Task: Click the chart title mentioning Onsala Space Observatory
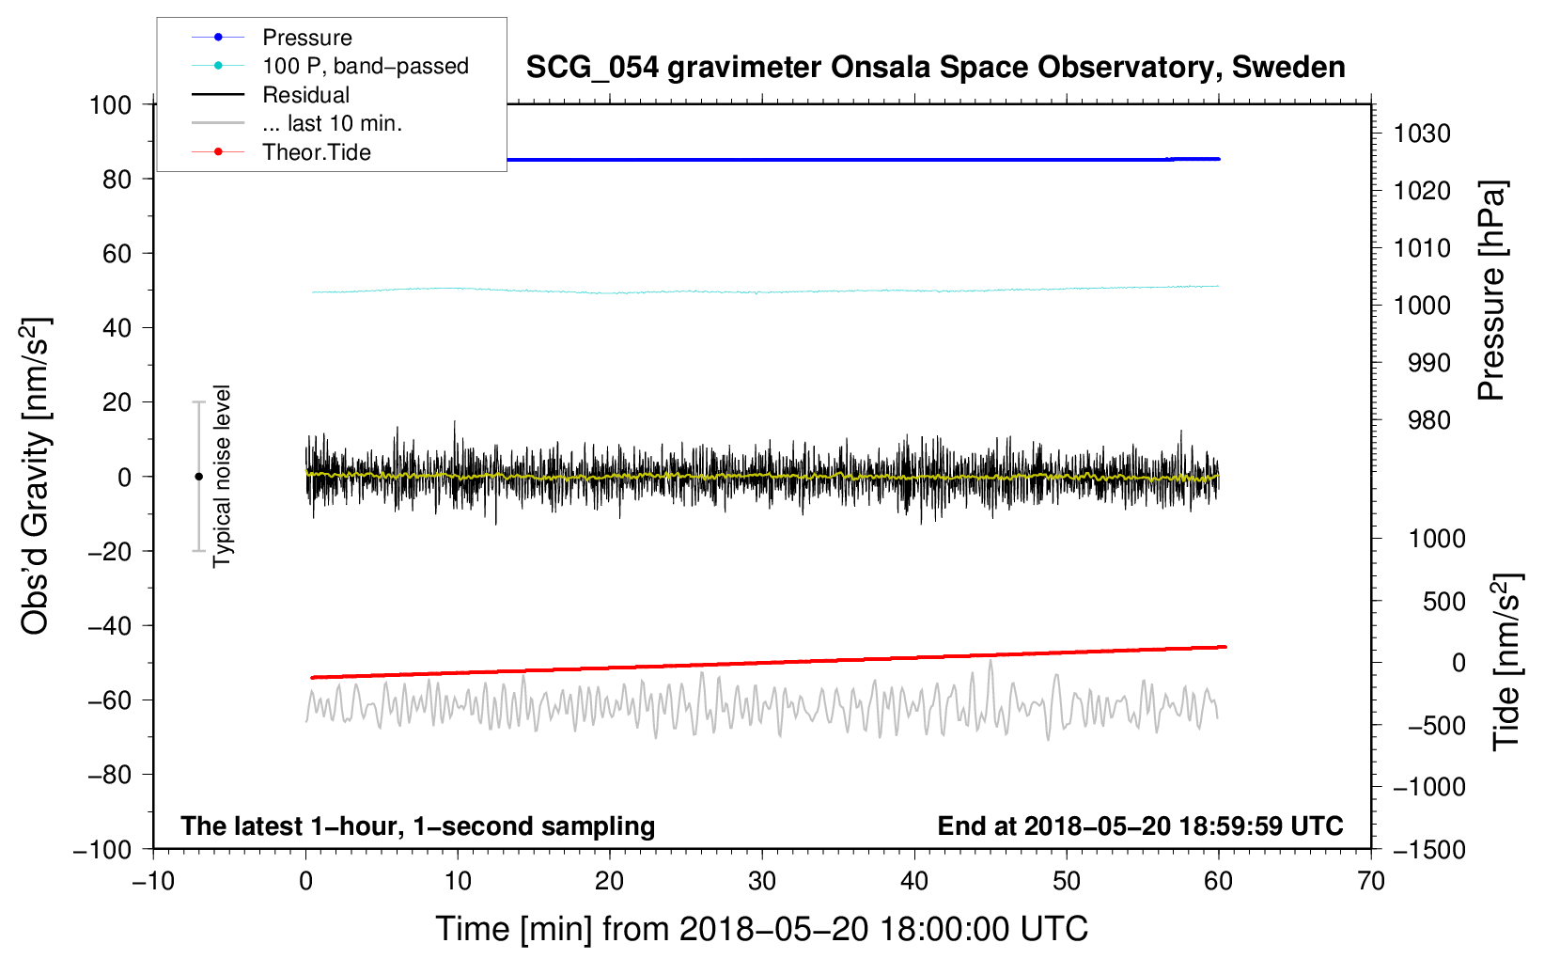click(x=935, y=68)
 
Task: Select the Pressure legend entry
click(x=306, y=38)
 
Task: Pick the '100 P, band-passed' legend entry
click(x=365, y=66)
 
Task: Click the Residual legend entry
click(x=305, y=95)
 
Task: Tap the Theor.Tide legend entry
click(x=316, y=152)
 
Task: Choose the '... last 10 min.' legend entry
click(x=332, y=123)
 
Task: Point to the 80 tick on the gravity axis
click(x=117, y=179)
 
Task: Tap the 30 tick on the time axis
click(x=761, y=882)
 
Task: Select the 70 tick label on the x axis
click(x=1370, y=882)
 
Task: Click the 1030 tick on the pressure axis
click(x=1422, y=134)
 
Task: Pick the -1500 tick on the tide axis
click(x=1428, y=850)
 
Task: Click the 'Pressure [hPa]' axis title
click(x=1491, y=291)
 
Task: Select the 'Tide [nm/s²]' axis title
click(x=1506, y=661)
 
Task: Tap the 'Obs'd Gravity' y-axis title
click(x=36, y=477)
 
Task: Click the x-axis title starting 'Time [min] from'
click(x=761, y=929)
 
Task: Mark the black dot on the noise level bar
click(x=198, y=477)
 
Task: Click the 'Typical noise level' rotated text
click(x=222, y=477)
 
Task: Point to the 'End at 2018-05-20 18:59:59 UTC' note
click(x=1140, y=826)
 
